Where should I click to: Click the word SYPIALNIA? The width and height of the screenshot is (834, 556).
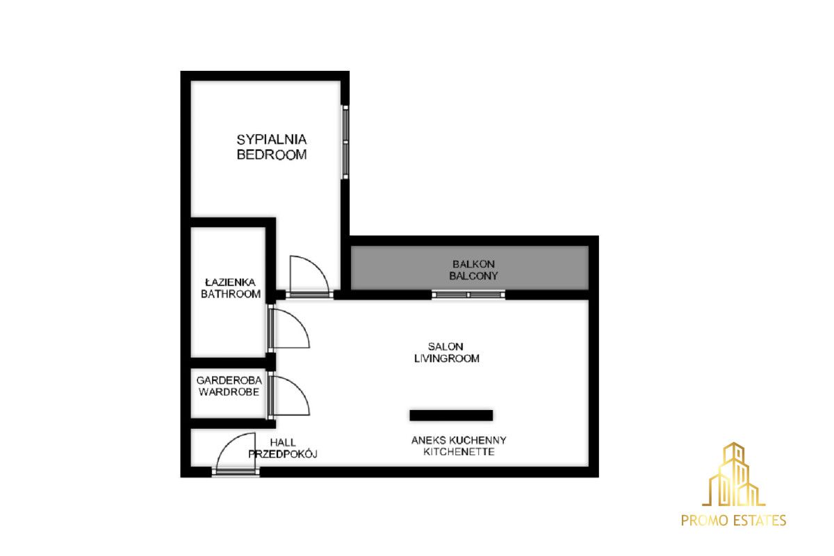tap(272, 140)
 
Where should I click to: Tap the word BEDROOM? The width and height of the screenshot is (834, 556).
tap(272, 154)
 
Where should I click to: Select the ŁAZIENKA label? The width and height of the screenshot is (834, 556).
tap(231, 282)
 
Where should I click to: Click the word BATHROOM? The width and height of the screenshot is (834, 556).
tap(231, 294)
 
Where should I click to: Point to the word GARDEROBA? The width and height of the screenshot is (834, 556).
tap(229, 380)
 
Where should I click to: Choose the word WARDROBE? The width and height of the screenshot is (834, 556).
tap(229, 392)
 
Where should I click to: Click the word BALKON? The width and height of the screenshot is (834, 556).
tap(473, 264)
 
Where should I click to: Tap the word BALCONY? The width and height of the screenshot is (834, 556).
tap(473, 276)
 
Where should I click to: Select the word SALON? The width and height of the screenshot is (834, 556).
tap(445, 347)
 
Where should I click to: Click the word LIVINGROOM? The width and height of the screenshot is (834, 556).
tap(446, 358)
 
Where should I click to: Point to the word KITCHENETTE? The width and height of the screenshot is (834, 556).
tap(459, 452)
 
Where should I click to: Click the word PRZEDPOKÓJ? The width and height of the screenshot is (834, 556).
tap(283, 454)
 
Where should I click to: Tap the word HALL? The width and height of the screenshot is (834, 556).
tap(283, 443)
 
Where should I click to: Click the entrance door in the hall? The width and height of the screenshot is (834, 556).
tap(228, 443)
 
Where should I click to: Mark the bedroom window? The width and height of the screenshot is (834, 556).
tap(345, 142)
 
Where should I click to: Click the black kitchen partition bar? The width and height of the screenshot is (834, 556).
tap(451, 415)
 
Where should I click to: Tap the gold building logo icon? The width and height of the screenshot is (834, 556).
tap(733, 474)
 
